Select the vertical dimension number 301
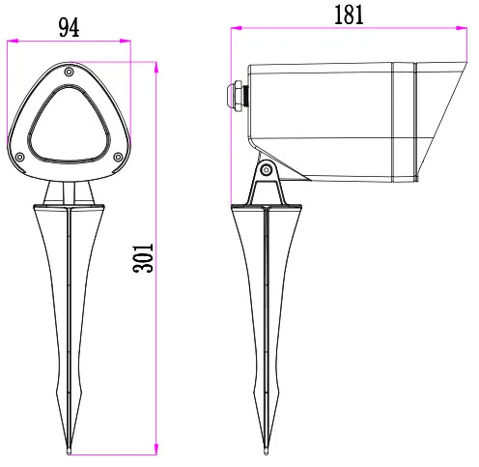pyautogui.click(x=143, y=257)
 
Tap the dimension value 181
pyautogui.click(x=350, y=15)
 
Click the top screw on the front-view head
pyautogui.click(x=68, y=71)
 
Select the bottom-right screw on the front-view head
pyautogui.click(x=116, y=157)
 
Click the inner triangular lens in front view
pyautogui.click(x=70, y=128)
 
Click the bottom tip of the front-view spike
pyautogui.click(x=70, y=451)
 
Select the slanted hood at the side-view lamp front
pyautogui.click(x=439, y=121)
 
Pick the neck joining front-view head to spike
pyautogui.click(x=70, y=193)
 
